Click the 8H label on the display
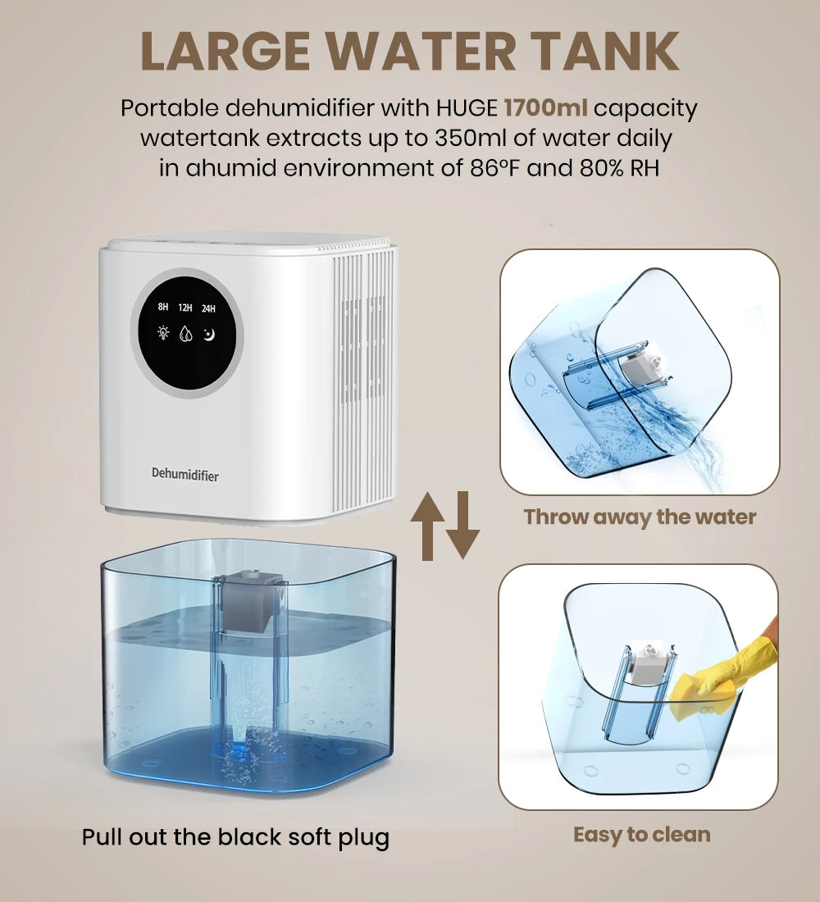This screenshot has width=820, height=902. (x=163, y=307)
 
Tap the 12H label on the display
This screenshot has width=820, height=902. (x=185, y=307)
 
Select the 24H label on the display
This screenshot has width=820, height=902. (x=208, y=308)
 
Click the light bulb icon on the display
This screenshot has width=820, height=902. (x=163, y=335)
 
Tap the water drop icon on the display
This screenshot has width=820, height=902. (x=186, y=335)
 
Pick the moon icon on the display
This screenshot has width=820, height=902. (x=208, y=335)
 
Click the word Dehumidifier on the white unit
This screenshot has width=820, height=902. (x=185, y=474)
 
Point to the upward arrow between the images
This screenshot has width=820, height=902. (x=427, y=526)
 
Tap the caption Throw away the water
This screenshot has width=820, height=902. (x=640, y=517)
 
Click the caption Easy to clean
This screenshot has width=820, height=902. (x=641, y=835)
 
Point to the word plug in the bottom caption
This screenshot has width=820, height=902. (x=362, y=837)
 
